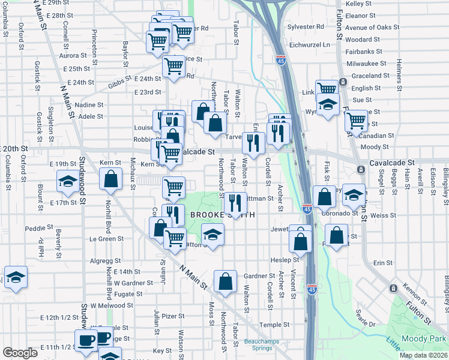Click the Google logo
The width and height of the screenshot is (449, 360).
click(20, 353)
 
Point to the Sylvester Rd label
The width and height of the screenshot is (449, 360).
click(306, 27)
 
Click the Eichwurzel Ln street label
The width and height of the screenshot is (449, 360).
click(310, 44)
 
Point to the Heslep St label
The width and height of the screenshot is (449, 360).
click(285, 260)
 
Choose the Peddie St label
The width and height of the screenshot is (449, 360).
click(35, 229)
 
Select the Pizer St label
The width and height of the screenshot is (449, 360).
click(173, 316)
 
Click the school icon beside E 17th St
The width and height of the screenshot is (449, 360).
click(67, 181)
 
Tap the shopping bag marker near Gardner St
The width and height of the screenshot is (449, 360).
click(225, 281)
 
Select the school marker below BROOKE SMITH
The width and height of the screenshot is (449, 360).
click(212, 235)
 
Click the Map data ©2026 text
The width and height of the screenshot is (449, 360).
click(423, 355)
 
